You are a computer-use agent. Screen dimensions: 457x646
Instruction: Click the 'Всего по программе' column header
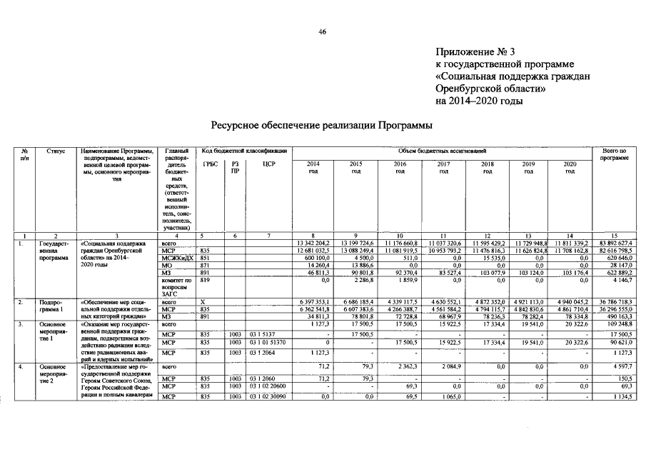click(x=615, y=154)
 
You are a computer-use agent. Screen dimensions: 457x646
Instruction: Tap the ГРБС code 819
click(x=206, y=281)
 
